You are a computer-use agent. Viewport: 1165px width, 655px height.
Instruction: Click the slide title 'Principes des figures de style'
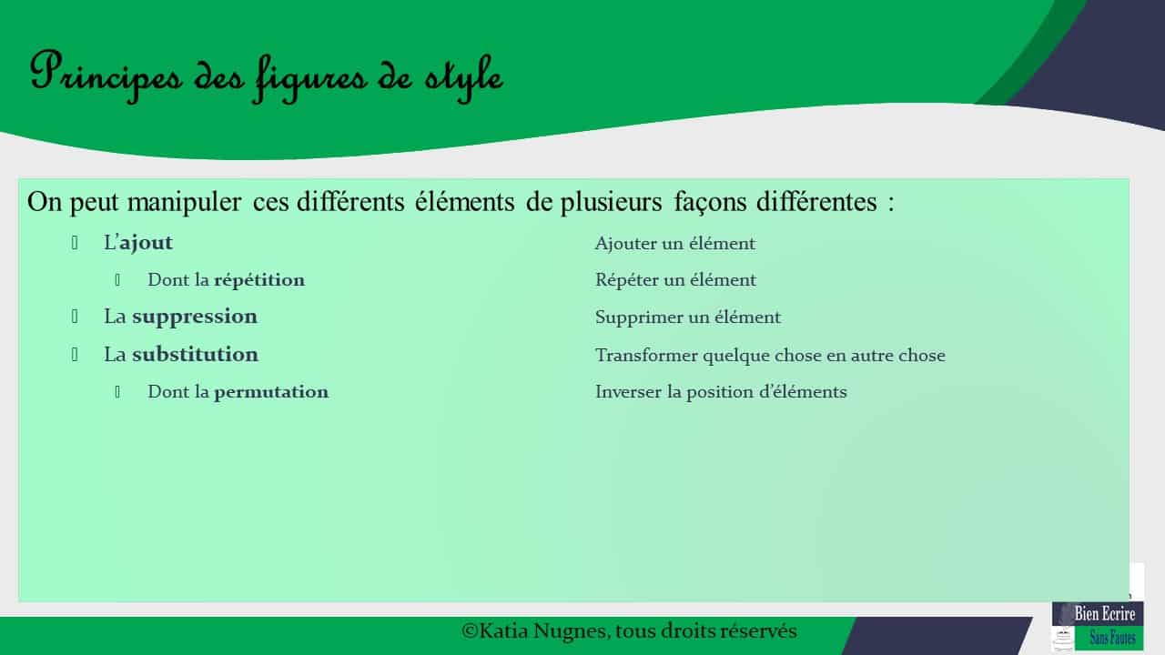point(266,74)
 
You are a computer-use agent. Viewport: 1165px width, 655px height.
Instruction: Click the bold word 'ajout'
point(146,243)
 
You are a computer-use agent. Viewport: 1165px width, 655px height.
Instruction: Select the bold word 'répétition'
point(259,280)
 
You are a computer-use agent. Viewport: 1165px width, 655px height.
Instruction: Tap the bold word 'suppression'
point(195,317)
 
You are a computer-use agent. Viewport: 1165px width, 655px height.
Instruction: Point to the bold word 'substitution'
point(195,354)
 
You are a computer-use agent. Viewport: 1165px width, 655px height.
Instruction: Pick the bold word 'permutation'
point(271,392)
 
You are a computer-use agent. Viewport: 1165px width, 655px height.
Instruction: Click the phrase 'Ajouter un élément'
point(674,244)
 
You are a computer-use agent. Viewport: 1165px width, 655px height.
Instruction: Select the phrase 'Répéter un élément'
point(675,280)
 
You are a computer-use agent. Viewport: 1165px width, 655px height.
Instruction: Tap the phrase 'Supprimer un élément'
point(687,317)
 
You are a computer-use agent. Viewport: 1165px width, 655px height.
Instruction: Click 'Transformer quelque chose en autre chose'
point(770,355)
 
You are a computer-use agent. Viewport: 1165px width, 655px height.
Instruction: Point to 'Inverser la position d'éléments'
point(721,392)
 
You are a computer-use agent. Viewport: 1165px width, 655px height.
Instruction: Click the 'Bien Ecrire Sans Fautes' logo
point(1098,625)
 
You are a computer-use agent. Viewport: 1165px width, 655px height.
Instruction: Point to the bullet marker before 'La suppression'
point(76,317)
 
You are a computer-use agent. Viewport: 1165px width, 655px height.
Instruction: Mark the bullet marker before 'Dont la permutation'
point(118,392)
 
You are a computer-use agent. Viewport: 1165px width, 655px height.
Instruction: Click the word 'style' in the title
point(462,75)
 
